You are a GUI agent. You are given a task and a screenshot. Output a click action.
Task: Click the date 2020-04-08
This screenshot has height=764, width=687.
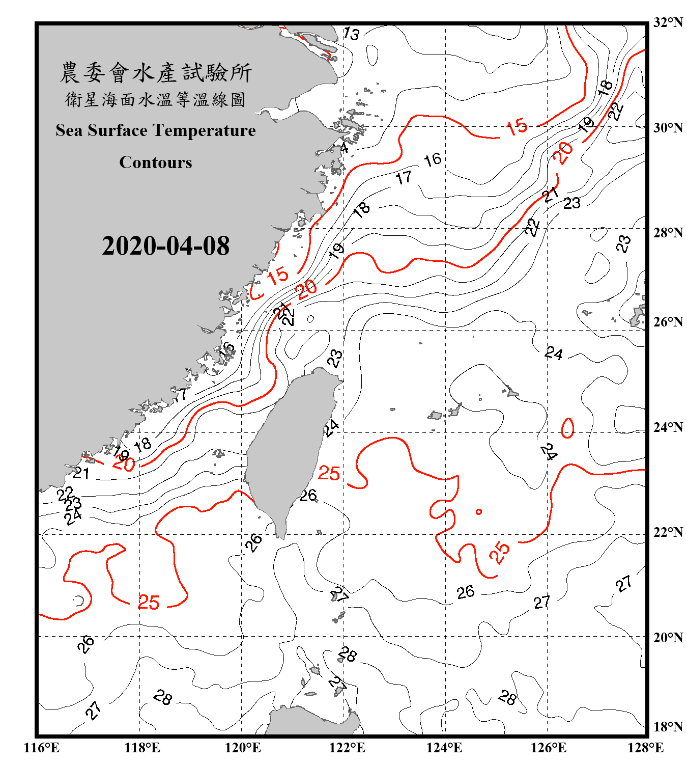165,246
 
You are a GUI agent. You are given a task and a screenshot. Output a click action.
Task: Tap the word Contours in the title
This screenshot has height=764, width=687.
156,162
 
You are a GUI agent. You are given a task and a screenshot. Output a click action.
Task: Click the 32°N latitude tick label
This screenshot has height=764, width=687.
668,22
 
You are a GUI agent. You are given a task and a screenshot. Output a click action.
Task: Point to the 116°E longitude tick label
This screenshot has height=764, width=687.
42,748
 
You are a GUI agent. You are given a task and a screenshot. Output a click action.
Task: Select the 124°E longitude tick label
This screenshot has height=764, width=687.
444,748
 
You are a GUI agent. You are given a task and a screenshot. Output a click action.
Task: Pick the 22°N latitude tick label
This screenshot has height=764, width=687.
668,532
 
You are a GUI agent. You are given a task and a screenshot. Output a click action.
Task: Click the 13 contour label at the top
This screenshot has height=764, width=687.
351,34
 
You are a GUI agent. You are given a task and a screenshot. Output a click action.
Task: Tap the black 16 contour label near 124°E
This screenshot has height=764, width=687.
433,160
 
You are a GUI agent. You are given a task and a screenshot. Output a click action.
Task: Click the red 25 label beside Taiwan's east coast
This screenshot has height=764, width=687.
329,474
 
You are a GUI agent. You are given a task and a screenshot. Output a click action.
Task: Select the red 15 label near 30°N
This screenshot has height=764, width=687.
517,127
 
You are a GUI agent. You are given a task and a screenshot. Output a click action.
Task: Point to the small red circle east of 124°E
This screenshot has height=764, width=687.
478,511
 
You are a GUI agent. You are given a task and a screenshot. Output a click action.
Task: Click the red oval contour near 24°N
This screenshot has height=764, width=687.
567,428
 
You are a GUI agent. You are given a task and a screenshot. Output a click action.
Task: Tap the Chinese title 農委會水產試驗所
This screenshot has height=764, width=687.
156,73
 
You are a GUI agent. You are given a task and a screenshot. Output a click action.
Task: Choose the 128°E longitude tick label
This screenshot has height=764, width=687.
645,748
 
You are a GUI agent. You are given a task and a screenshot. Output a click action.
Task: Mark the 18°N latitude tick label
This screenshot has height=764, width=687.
668,727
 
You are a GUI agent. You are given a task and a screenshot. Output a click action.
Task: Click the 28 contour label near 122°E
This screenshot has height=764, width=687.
348,654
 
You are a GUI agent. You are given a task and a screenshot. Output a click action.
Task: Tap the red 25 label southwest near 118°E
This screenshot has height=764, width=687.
149,603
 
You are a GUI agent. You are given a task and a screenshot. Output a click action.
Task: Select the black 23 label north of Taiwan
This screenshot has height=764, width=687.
335,359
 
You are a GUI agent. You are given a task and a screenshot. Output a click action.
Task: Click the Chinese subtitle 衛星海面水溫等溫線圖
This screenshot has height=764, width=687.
156,100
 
